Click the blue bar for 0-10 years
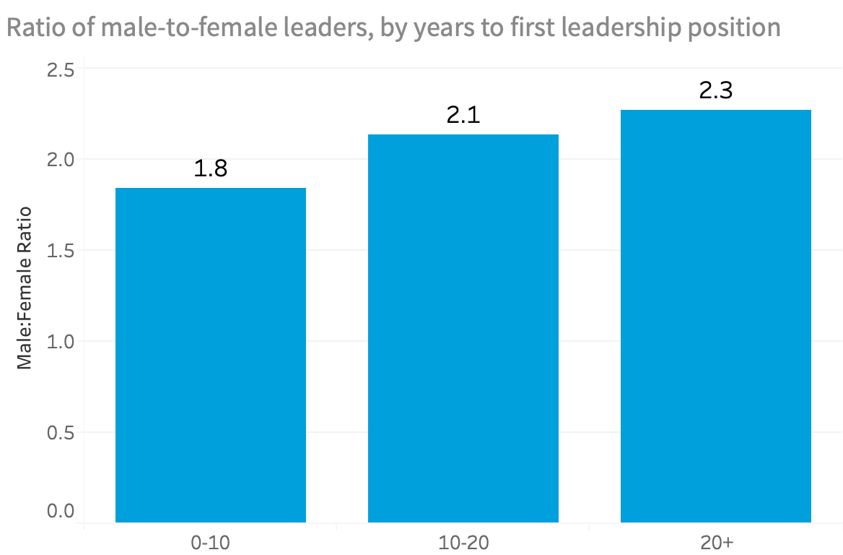[211, 355]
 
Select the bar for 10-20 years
[463, 328]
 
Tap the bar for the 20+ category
[715, 316]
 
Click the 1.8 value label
[211, 168]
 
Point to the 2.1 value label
[463, 115]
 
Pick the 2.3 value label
[715, 90]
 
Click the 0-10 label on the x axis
[211, 543]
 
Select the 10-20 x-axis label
[463, 543]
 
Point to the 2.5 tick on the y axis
[60, 69]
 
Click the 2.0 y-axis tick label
[60, 160]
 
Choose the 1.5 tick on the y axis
[60, 251]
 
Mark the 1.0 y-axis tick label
[60, 341]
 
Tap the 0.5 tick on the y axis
[60, 432]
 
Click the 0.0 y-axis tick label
[60, 510]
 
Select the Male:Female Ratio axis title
[25, 288]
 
